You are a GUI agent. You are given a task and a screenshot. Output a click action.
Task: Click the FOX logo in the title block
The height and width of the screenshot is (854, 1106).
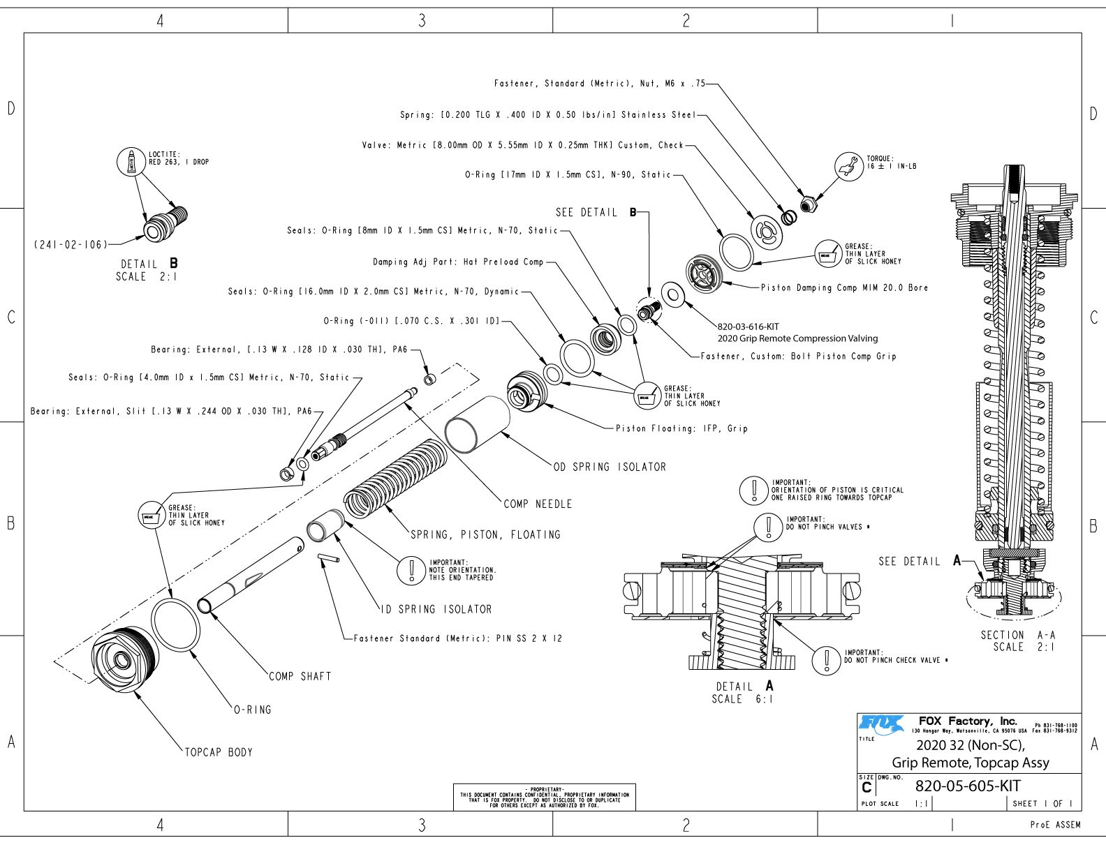coord(881,724)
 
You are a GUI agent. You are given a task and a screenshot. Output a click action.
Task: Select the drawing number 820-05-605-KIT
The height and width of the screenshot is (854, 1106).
coord(968,786)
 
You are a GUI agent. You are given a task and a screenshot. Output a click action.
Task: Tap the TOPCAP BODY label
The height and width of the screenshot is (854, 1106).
coord(219,752)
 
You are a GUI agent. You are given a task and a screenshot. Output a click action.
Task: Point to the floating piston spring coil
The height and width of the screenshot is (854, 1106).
coord(395,481)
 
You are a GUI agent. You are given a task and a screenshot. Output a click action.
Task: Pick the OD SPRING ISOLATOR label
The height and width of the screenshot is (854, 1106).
coord(610,467)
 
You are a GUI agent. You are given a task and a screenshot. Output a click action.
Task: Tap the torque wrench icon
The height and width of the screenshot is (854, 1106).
coord(849,166)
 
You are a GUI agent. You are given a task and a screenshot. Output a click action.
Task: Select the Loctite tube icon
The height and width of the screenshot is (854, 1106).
coord(131,162)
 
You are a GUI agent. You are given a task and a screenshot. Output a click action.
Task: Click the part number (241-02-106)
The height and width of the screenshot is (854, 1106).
coord(71,245)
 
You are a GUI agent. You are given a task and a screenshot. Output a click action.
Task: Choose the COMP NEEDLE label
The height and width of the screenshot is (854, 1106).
coord(538,504)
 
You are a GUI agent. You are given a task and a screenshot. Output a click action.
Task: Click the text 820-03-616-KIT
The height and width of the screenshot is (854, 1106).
coord(749,327)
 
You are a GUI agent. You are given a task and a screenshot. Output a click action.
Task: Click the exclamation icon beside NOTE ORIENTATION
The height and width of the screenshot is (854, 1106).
coord(411,570)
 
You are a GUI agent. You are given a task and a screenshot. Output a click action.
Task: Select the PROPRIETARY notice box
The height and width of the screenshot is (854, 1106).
coord(545,797)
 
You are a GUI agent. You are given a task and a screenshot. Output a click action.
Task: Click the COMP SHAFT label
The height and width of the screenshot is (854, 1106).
coord(300,676)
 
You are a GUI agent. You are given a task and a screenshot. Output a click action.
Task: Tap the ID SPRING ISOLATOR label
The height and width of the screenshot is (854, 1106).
coord(437,609)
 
